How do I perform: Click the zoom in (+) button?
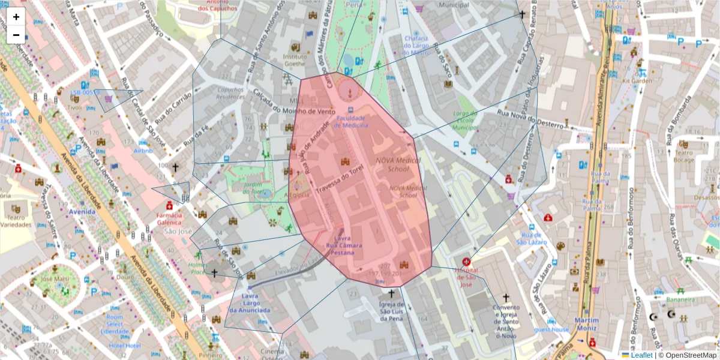coord(16,17)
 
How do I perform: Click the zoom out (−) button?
coord(16,35)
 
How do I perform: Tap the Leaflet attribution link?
coord(641,355)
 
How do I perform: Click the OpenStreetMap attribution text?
coord(687,355)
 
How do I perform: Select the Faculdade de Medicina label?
coord(351,122)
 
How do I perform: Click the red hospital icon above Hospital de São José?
coord(467,262)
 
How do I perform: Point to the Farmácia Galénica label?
coord(169,218)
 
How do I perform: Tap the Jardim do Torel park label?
coord(253,188)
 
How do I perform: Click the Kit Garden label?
coord(637,80)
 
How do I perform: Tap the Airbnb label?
coord(143,152)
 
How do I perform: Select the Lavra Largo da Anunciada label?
coord(250,303)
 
